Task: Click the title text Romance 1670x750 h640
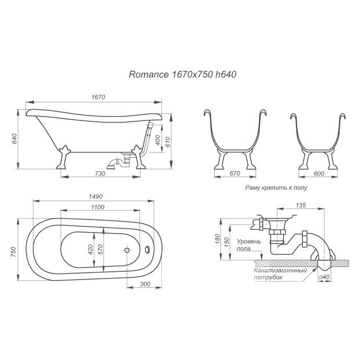click(182, 75)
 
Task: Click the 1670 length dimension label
click(98, 97)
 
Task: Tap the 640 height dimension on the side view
click(15, 138)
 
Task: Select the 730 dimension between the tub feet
click(100, 173)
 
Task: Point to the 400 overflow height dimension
click(158, 140)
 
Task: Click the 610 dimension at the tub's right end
click(168, 142)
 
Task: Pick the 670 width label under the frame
click(235, 173)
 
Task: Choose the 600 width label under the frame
click(319, 173)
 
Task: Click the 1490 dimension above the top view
click(96, 196)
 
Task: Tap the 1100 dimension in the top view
click(98, 207)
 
